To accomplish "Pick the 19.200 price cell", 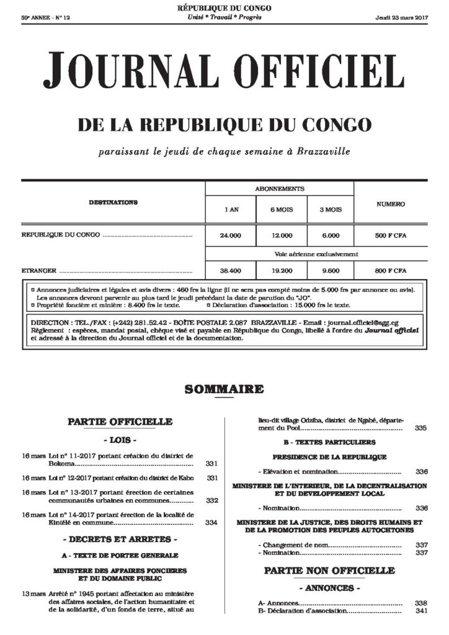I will click(282, 271).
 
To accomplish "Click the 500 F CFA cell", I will click(391, 236).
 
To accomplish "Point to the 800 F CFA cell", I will click(391, 271).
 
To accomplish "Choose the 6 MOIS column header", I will click(282, 210).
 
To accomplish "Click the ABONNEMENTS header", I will click(280, 189).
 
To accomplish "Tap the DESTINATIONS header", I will click(113, 203).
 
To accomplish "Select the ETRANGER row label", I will click(38, 271).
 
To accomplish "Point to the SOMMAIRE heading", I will click(224, 390).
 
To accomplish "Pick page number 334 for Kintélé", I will click(211, 523).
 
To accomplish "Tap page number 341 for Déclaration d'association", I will click(421, 611).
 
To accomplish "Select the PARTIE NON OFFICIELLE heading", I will click(329, 569).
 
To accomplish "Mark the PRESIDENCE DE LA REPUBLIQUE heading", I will click(329, 456).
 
